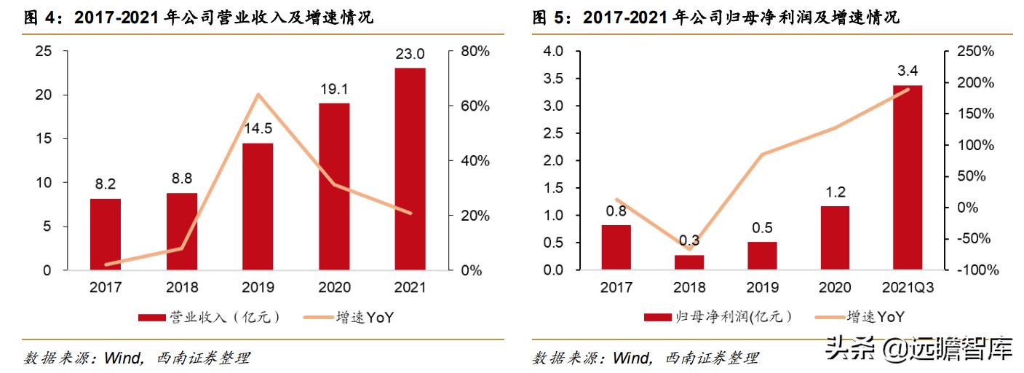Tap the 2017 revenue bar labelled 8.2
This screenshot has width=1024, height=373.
click(106, 234)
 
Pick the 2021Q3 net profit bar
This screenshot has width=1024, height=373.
click(908, 178)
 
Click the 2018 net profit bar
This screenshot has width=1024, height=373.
click(688, 262)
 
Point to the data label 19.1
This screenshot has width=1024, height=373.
click(334, 90)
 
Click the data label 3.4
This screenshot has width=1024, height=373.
click(908, 71)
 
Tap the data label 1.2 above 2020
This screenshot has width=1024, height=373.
click(835, 192)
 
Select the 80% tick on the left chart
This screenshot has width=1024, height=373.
click(475, 52)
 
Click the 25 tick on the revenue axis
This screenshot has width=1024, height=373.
click(43, 52)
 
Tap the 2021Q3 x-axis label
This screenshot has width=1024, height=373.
click(908, 288)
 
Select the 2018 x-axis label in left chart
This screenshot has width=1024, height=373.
click(182, 288)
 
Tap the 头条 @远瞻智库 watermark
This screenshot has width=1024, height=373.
click(920, 350)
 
